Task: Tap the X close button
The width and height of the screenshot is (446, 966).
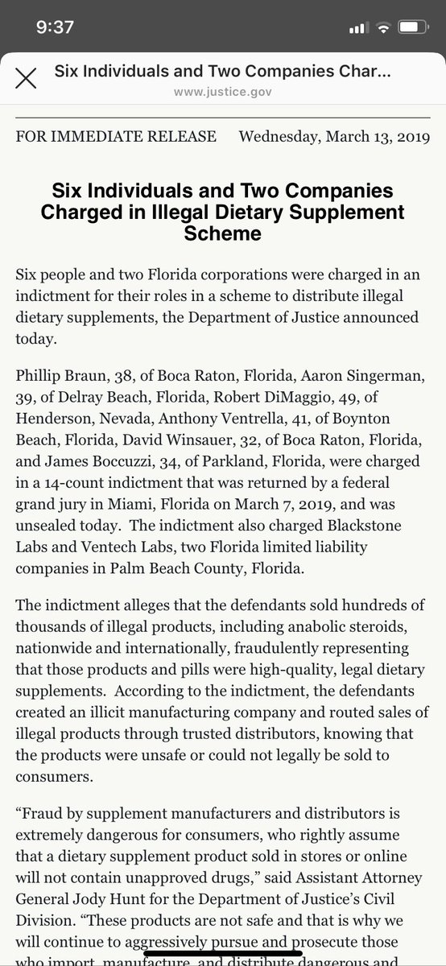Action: click(27, 79)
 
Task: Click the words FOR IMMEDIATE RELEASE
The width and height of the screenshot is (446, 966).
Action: click(116, 137)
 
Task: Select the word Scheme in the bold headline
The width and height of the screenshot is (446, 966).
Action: click(223, 233)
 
